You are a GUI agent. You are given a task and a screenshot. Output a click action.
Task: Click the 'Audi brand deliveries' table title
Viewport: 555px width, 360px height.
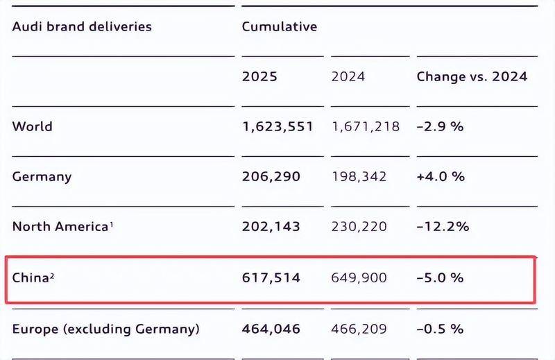click(82, 26)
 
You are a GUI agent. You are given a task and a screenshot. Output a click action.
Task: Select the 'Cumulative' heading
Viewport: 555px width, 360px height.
click(280, 26)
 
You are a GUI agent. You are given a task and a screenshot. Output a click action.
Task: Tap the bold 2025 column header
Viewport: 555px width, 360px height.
click(259, 76)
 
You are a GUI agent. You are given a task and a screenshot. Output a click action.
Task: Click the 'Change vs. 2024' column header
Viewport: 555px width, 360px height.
click(472, 76)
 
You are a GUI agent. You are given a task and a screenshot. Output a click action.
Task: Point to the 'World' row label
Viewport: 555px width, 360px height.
click(32, 126)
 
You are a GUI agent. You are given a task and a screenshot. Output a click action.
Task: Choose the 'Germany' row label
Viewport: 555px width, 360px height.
click(42, 177)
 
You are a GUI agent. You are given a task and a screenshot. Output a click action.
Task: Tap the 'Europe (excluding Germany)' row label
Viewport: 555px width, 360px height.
click(106, 329)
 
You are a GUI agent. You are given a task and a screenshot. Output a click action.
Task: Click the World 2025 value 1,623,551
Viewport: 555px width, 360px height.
click(278, 127)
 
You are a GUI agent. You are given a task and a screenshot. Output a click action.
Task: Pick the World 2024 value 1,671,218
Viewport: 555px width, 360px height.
click(366, 127)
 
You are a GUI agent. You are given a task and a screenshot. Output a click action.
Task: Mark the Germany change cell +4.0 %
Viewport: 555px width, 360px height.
click(441, 176)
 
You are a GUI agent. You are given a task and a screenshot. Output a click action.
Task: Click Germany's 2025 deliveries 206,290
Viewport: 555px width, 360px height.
click(271, 177)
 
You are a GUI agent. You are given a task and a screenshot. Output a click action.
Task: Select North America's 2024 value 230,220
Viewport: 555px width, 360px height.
click(359, 227)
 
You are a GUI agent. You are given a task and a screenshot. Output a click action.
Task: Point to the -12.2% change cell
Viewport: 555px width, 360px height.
click(443, 227)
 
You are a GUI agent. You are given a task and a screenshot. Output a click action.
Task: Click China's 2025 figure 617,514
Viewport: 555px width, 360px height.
click(271, 278)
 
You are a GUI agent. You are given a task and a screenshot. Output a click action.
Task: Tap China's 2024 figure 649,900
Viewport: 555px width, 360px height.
click(359, 278)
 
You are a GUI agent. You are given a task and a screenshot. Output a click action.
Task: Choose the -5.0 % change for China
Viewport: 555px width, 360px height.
click(441, 277)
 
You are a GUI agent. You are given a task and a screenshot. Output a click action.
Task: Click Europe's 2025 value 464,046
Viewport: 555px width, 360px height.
click(271, 329)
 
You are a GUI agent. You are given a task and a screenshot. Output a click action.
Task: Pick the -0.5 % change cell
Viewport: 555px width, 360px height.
click(441, 329)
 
